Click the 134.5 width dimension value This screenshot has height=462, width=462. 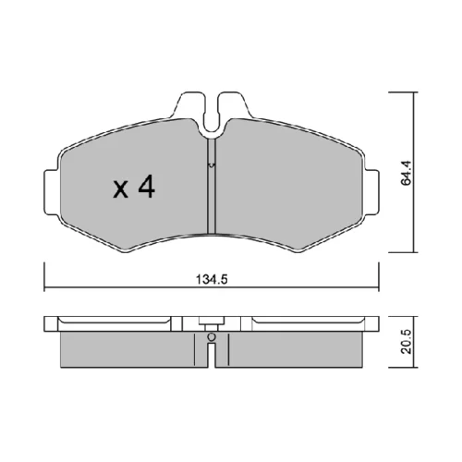click(212, 280)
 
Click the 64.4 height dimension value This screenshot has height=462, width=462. click(406, 173)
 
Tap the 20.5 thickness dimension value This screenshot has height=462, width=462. click(407, 341)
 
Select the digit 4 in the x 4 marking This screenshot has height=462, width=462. click(146, 186)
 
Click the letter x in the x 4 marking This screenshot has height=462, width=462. click(120, 189)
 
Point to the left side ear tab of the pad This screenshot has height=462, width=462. click(52, 192)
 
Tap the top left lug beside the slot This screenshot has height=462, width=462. click(188, 104)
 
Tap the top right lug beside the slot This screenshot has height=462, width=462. click(234, 104)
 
